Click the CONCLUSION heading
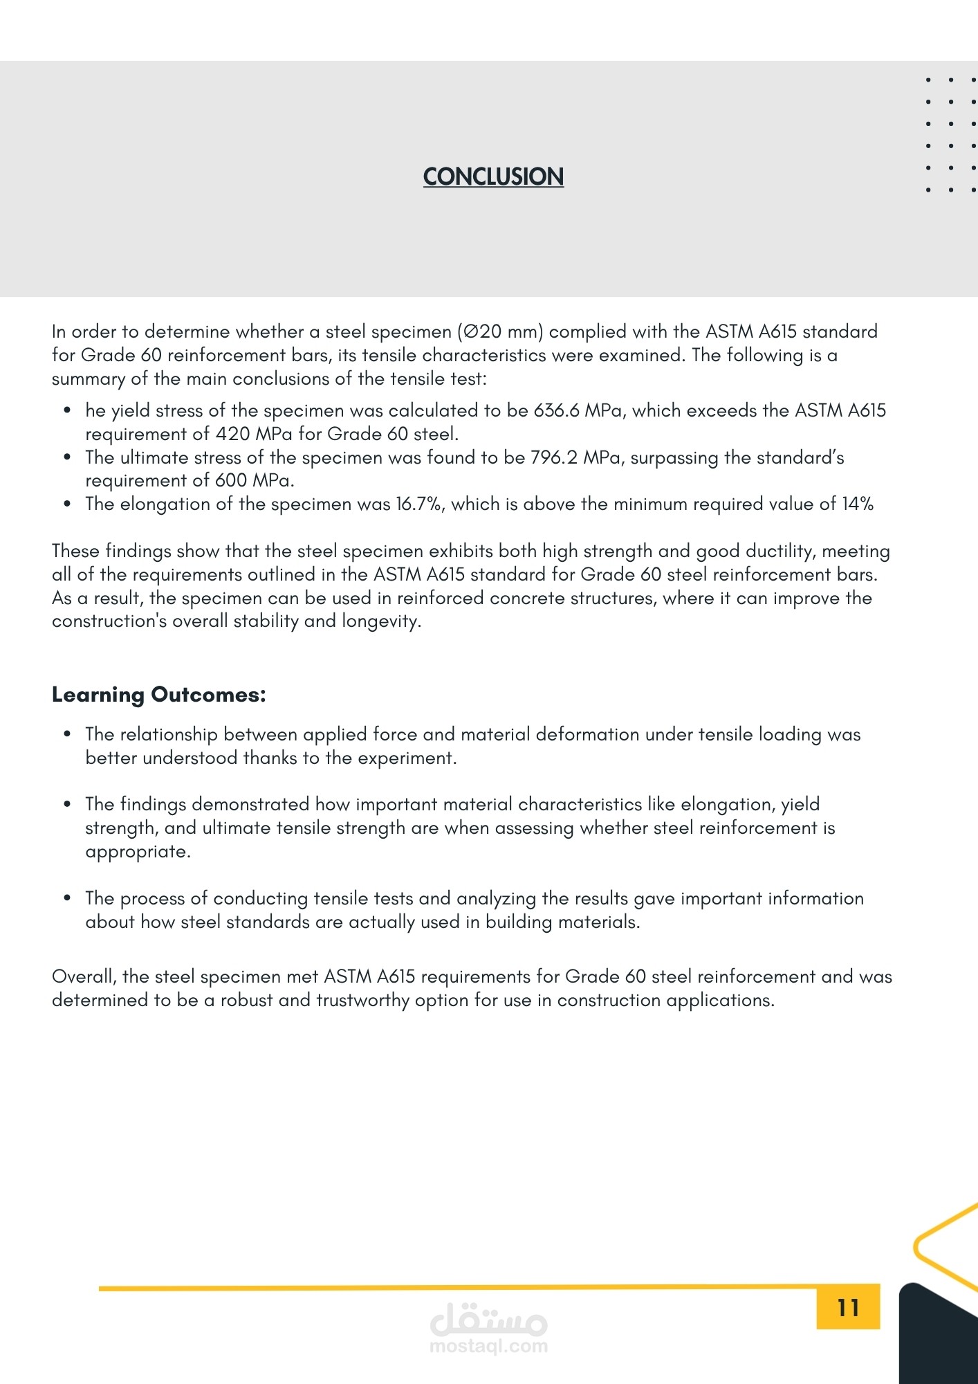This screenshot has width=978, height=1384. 493,176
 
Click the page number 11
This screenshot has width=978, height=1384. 848,1307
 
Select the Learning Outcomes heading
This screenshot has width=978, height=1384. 158,694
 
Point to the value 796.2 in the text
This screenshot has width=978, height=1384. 553,457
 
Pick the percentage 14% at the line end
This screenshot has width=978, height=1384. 857,504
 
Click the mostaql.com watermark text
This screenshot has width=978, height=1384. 488,1346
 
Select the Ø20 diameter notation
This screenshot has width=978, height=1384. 481,331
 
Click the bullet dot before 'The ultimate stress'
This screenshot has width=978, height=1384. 67,457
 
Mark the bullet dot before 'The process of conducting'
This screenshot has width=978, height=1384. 67,898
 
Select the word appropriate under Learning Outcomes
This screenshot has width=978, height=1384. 137,851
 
